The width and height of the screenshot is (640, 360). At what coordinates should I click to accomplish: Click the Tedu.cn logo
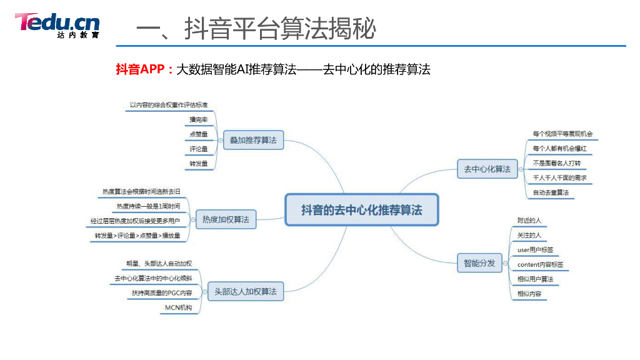tap(57, 25)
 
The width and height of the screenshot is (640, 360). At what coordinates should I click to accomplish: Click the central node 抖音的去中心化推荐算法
tap(362, 210)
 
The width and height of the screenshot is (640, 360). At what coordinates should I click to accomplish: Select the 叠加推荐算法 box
tap(253, 141)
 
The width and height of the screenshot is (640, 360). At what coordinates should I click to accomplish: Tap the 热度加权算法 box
tap(226, 219)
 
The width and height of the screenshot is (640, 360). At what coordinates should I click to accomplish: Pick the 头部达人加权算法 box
tap(245, 291)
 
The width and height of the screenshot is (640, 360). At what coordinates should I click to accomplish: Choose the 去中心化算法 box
tap(487, 169)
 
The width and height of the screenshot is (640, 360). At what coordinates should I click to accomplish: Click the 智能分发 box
tap(479, 263)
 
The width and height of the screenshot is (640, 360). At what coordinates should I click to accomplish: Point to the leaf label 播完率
tap(199, 119)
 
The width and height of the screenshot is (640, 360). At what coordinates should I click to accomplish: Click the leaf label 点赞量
tap(199, 134)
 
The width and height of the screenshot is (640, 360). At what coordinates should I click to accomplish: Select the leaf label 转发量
tap(199, 164)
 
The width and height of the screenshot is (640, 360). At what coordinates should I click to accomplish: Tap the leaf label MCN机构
tap(179, 308)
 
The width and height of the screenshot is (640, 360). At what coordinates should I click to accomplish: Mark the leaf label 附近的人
tap(529, 221)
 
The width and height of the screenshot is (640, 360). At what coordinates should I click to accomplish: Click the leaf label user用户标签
tap(535, 250)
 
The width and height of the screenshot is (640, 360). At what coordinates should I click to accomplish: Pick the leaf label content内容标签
tap(540, 265)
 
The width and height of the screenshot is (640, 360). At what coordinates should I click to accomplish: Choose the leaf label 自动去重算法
tap(551, 192)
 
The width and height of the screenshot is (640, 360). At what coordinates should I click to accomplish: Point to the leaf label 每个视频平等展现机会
tap(562, 134)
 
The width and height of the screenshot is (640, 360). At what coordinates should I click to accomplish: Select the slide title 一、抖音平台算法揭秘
tap(256, 29)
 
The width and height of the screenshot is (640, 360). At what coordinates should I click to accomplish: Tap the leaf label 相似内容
tap(529, 294)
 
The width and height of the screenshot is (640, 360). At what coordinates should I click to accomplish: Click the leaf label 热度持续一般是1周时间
tap(148, 206)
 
